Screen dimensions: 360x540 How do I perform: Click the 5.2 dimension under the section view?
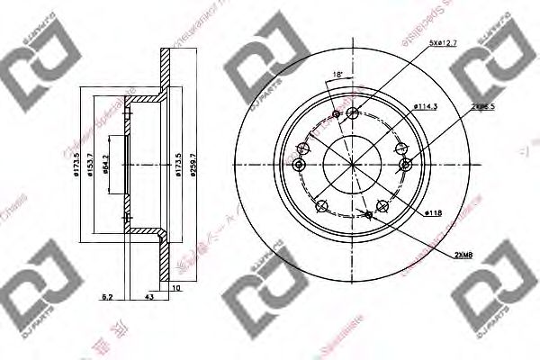(107, 296)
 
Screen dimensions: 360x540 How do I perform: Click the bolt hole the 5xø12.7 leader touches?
(353, 113)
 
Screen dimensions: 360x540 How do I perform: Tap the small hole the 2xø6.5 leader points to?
(407, 163)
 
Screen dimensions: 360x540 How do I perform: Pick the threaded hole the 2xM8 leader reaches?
(369, 214)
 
